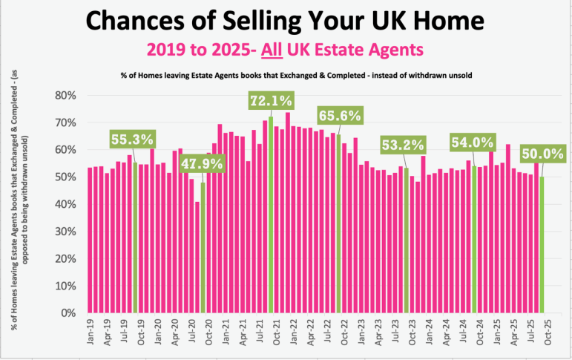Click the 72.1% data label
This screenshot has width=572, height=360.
click(x=271, y=100)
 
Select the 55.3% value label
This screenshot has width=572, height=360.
click(x=133, y=139)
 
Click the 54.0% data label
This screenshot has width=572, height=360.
click(x=473, y=141)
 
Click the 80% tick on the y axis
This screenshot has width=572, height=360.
click(x=68, y=96)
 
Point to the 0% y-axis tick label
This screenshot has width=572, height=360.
click(x=70, y=313)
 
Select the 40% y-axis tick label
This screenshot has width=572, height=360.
click(x=68, y=204)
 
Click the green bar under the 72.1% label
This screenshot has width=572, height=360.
click(x=271, y=215)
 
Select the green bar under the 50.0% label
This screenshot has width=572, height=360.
click(x=542, y=245)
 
